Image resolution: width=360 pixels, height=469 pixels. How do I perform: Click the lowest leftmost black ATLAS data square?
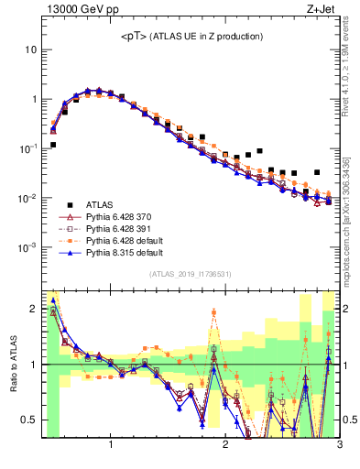(53, 145)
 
